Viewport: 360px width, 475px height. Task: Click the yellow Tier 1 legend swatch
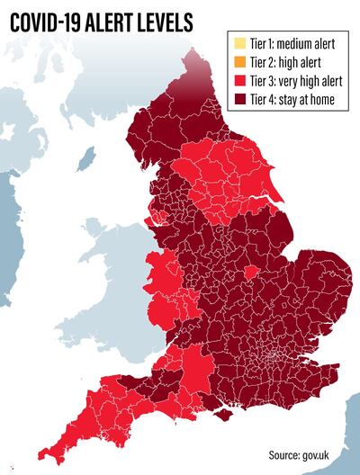[x=238, y=42]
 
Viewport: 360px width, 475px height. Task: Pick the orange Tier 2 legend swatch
[x=238, y=61]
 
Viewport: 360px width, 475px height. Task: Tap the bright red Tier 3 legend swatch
[x=238, y=80]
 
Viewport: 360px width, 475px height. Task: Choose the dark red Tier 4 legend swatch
[x=238, y=99]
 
